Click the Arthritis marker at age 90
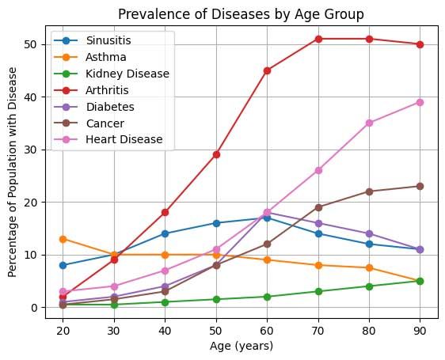(420, 44)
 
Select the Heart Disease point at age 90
(420, 102)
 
